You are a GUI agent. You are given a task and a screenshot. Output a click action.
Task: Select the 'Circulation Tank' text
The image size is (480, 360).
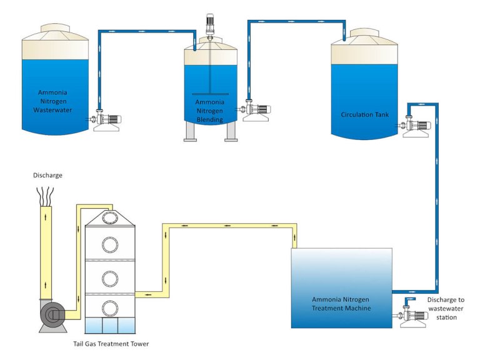pyautogui.click(x=365, y=114)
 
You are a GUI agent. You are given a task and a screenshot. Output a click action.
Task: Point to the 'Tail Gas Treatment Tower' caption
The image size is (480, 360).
pyautogui.click(x=111, y=343)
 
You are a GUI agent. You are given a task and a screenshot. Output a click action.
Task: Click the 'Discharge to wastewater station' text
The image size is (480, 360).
pyautogui.click(x=446, y=308)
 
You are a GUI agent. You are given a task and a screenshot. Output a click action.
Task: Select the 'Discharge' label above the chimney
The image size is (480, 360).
pyautogui.click(x=47, y=175)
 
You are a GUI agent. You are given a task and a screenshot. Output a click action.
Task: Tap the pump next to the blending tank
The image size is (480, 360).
pyautogui.click(x=258, y=111)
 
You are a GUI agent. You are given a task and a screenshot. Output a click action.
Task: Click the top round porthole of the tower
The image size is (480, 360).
pyautogui.click(x=110, y=218)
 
